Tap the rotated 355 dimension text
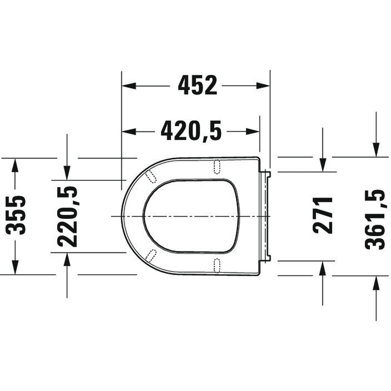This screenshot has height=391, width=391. tap(16, 215)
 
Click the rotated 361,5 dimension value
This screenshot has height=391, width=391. tap(375, 219)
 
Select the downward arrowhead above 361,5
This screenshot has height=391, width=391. tap(376, 150)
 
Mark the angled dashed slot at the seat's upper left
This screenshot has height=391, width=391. tap(150, 176)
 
